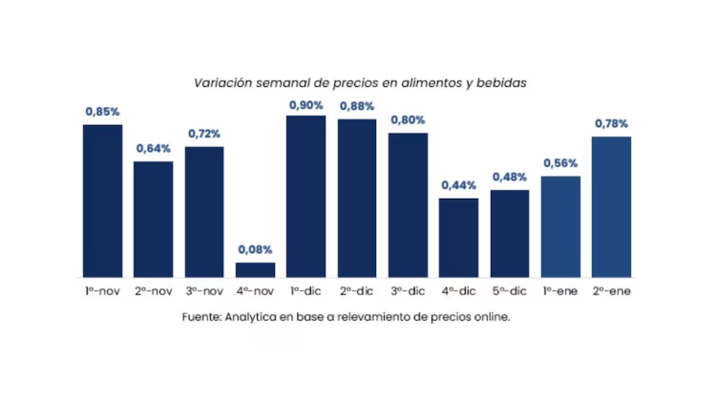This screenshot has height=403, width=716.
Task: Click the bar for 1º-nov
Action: (x=102, y=201)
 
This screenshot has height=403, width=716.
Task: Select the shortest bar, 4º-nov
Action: (x=255, y=269)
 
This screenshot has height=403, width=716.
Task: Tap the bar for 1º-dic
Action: (x=305, y=196)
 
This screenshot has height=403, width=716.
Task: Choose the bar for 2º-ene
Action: (x=611, y=206)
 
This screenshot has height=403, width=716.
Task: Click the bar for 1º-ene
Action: (x=560, y=226)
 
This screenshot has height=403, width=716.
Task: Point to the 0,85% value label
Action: (x=102, y=113)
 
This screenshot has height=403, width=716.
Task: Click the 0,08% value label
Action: (x=255, y=250)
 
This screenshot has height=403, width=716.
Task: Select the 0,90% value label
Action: (x=305, y=104)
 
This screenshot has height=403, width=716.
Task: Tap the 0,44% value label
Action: (x=459, y=185)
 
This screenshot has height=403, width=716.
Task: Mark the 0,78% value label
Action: (x=611, y=124)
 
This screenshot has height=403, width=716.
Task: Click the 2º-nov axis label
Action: (x=153, y=289)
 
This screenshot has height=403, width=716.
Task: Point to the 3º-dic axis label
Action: (x=408, y=289)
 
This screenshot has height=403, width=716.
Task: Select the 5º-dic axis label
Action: (x=510, y=289)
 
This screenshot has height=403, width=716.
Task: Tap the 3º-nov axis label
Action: (x=204, y=289)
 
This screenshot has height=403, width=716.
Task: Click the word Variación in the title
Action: (x=221, y=83)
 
